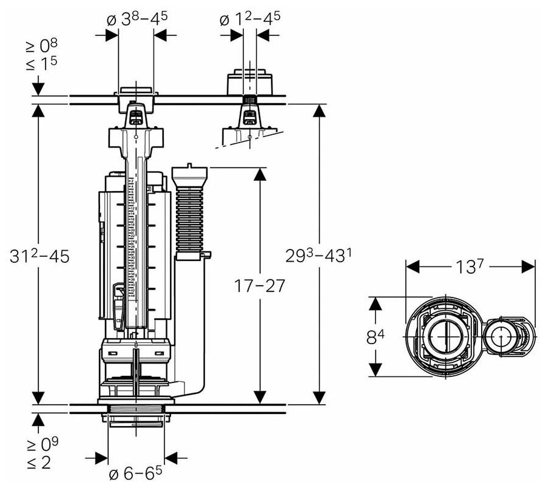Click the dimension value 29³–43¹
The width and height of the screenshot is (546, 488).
point(318,256)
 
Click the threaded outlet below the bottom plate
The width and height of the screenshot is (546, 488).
point(136,419)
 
